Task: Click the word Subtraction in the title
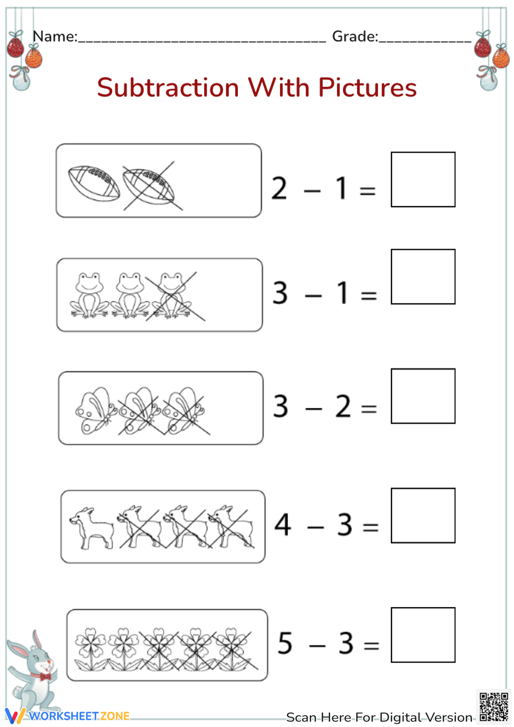point(168,87)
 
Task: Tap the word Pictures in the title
point(367,87)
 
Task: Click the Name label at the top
point(54,37)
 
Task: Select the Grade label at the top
point(355,37)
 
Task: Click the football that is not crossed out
point(94,183)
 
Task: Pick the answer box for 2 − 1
point(423,179)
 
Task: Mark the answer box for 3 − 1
point(423,277)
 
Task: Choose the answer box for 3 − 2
point(423,396)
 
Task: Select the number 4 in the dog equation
point(283,525)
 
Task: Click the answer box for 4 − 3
point(423,515)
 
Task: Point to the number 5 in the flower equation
point(285,643)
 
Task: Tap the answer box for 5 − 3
point(423,635)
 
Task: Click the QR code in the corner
point(493,707)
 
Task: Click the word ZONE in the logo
point(115,716)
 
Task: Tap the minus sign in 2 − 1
point(312,191)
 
